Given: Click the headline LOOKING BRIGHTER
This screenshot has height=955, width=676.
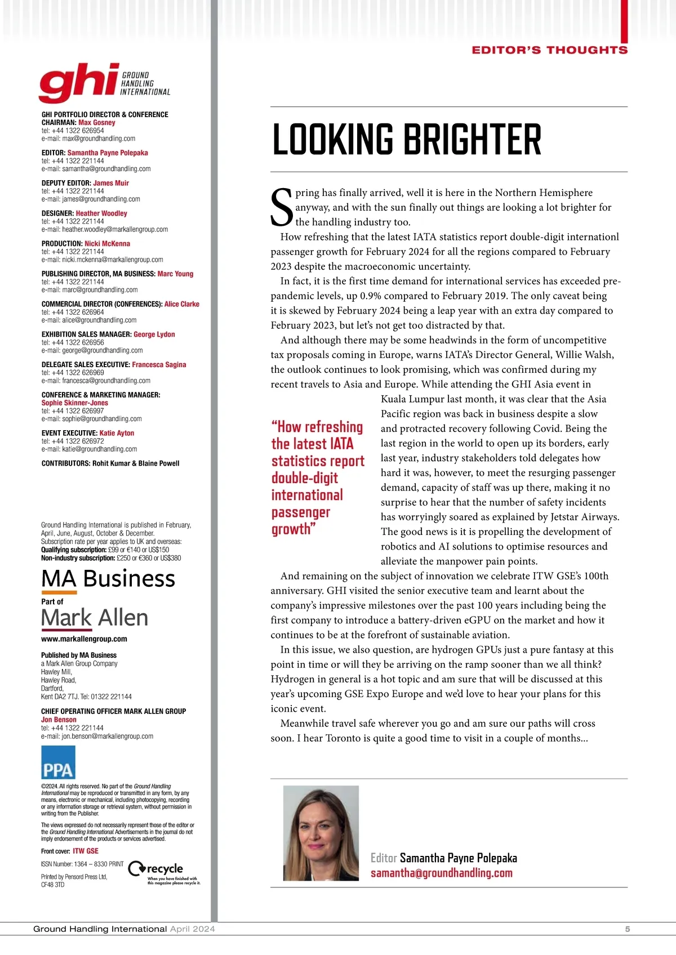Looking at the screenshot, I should (x=406, y=140).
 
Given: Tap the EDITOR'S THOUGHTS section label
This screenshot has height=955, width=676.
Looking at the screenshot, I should (x=549, y=50).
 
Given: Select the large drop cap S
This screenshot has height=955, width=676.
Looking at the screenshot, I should (x=282, y=208).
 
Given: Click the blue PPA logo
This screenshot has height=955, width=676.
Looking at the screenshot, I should (x=58, y=762).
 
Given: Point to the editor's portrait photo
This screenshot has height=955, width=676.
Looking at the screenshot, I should (x=321, y=833).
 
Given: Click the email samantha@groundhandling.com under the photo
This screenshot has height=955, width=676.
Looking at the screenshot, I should (x=441, y=873).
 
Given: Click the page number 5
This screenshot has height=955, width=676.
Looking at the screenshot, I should (x=628, y=929).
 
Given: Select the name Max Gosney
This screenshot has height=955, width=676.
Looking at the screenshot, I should (x=97, y=122).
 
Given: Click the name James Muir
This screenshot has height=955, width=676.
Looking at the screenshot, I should (x=111, y=183).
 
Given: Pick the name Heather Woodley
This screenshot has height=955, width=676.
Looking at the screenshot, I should (x=101, y=213).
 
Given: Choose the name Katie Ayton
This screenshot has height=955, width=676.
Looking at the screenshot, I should (x=117, y=433).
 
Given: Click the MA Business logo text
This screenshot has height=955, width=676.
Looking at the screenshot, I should (x=108, y=579).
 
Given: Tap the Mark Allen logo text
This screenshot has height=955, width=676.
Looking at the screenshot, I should (x=95, y=618).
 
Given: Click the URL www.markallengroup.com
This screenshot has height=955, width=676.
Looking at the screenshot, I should (x=84, y=639).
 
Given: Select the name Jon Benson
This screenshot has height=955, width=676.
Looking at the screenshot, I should (x=59, y=720).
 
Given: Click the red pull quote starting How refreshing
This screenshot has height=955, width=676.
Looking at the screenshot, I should (x=318, y=477).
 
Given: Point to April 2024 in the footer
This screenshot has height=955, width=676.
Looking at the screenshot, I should (x=192, y=929).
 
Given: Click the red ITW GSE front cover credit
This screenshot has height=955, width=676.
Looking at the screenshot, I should (x=86, y=851).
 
